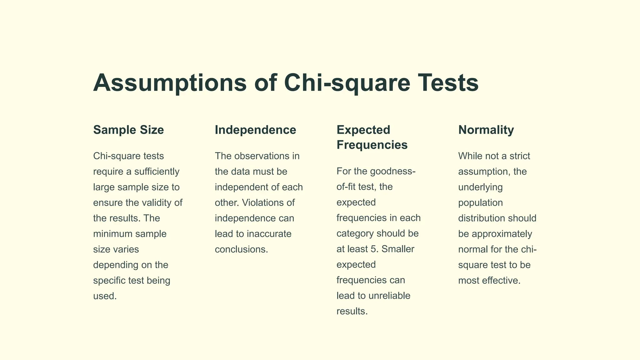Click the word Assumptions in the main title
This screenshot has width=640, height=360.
pos(170,83)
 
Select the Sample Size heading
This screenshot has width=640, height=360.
pos(128,130)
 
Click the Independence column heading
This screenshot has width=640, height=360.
pos(255,130)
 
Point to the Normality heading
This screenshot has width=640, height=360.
pos(486,130)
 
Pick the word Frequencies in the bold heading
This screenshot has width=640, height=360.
pos(372,145)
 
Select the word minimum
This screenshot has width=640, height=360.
pos(113,234)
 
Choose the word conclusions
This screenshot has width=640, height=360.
pos(241,249)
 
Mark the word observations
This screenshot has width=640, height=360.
pos(262,156)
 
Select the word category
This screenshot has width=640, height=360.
pos(355,234)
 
